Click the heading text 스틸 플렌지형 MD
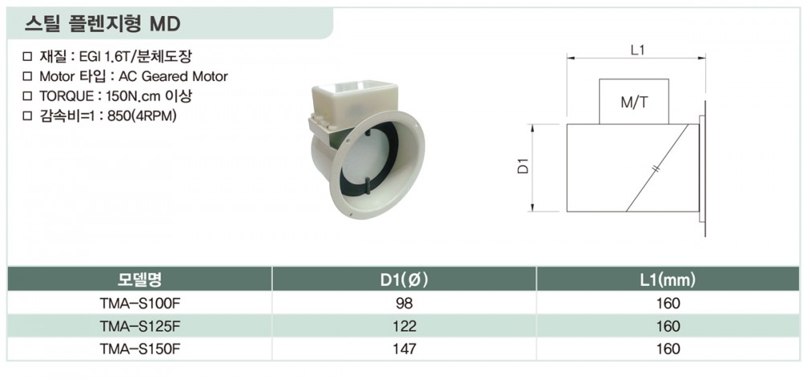coord(103,24)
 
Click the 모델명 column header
coord(140,279)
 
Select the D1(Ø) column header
coord(404,279)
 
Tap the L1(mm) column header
coord(668,279)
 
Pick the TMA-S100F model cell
coord(141,304)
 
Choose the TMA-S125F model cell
coord(141,326)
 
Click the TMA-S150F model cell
coord(141,349)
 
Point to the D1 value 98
coord(404,304)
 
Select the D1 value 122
coord(404,326)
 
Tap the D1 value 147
coord(404,349)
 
